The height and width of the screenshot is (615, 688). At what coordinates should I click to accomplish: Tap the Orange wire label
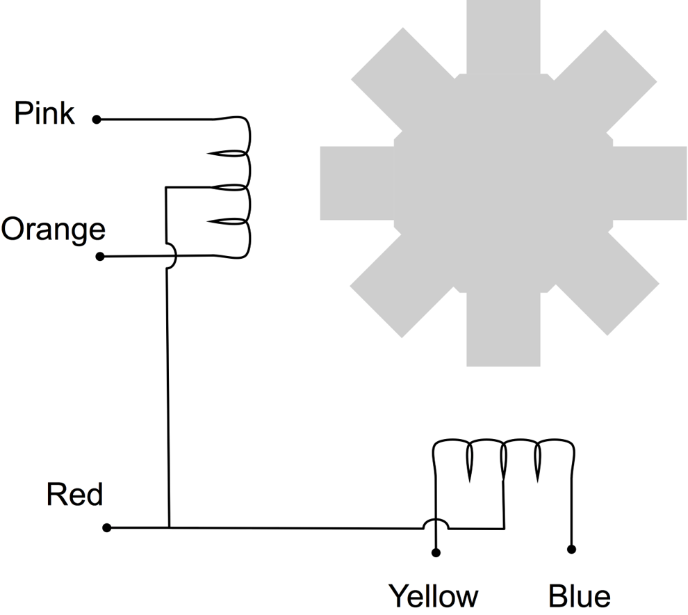coord(53,230)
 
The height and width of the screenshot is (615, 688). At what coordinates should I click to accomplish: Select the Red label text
coord(74,495)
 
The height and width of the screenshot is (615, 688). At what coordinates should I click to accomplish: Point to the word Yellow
coord(433,597)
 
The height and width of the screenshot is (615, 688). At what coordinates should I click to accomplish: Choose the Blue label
coord(579,597)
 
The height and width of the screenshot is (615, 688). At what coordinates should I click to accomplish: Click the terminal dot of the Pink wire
coord(97,120)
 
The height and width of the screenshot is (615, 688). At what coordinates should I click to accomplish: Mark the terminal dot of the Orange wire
coord(99,257)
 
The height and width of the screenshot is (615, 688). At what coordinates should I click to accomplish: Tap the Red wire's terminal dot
coord(106,528)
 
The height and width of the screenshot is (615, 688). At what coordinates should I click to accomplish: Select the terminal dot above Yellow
coord(436,553)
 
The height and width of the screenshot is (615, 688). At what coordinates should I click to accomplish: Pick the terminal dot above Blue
coord(571,550)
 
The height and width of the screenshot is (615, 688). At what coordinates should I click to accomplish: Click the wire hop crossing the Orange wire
coord(171,257)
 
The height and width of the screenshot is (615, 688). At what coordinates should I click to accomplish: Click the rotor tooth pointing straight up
coord(503,35)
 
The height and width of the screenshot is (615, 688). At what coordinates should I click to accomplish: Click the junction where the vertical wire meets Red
coord(169,528)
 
